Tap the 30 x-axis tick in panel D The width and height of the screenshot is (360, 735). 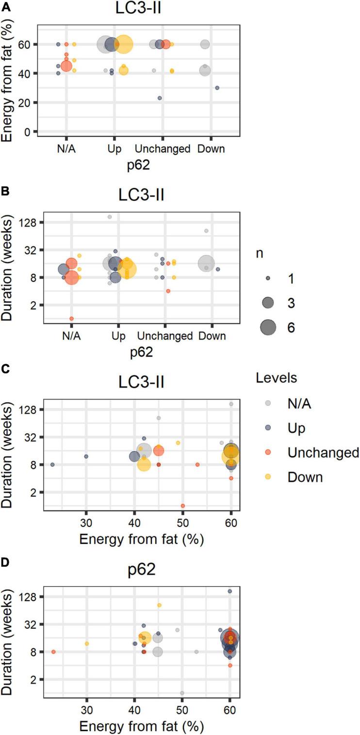86,711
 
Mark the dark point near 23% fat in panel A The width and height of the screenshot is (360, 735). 160,98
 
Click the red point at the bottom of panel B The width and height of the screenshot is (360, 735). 71,318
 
